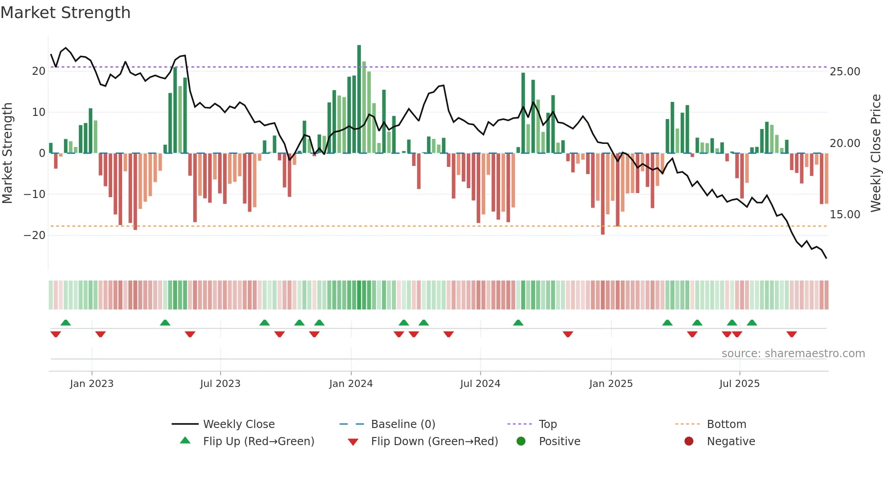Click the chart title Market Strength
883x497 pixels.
click(65, 13)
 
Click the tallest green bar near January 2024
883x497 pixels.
click(359, 99)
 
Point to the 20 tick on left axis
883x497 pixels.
click(39, 71)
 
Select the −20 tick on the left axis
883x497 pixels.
click(35, 235)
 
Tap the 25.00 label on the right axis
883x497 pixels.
click(845, 72)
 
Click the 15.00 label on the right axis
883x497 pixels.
click(845, 215)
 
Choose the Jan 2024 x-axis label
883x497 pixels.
click(351, 384)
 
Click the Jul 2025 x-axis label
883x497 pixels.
click(739, 384)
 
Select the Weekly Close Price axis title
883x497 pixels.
click(875, 153)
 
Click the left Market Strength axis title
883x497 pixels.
click(8, 153)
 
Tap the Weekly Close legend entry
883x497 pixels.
click(238, 424)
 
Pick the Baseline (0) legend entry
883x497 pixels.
click(403, 424)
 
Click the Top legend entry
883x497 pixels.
click(547, 424)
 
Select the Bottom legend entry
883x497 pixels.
click(726, 424)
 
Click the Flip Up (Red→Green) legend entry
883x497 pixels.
click(258, 442)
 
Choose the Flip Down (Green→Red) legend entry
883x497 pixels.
click(434, 442)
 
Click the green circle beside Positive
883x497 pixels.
click(521, 442)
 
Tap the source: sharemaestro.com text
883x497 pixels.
click(793, 354)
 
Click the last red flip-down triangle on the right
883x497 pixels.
click(792, 334)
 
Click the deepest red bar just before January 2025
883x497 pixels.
click(603, 194)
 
